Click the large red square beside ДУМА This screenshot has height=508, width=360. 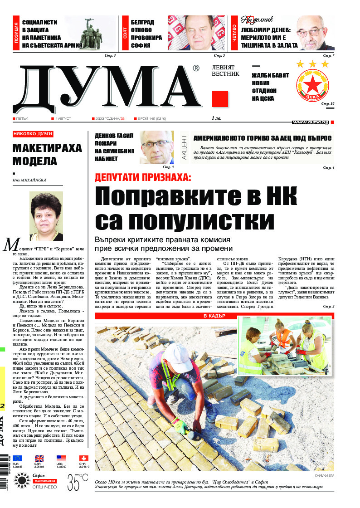click(x=220, y=99)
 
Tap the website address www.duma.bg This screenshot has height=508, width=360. click(x=311, y=122)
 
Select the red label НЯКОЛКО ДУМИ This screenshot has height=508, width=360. click(x=33, y=134)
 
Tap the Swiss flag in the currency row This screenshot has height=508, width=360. click(x=84, y=458)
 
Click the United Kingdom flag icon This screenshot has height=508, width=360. click(x=39, y=458)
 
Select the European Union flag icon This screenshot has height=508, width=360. click(x=17, y=458)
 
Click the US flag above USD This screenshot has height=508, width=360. click(x=61, y=458)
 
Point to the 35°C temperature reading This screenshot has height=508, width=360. click(x=78, y=481)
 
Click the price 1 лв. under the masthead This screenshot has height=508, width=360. click(x=216, y=118)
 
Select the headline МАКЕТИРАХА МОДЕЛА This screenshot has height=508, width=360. click(x=47, y=155)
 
